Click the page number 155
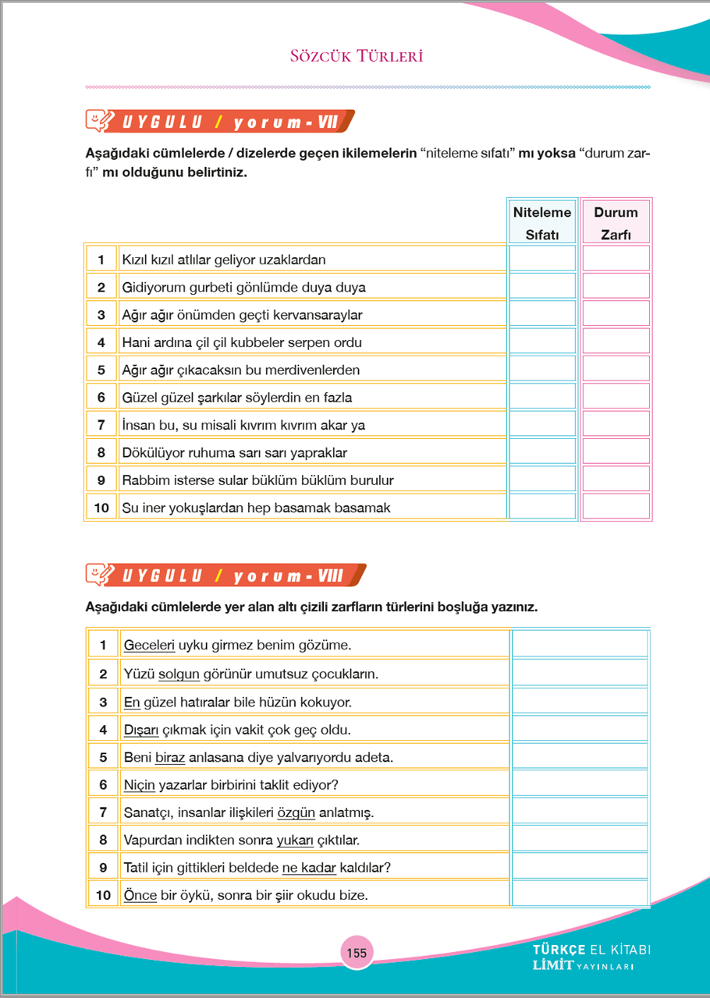pyautogui.click(x=356, y=953)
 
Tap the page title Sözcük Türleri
pyautogui.click(x=356, y=56)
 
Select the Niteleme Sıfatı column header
pyautogui.click(x=541, y=223)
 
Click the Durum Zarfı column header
pyautogui.click(x=616, y=223)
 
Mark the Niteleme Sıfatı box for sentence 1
pyautogui.click(x=541, y=259)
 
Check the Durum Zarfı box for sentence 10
pyautogui.click(x=616, y=508)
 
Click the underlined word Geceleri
pyautogui.click(x=149, y=646)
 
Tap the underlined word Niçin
pyautogui.click(x=140, y=784)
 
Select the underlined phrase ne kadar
pyautogui.click(x=309, y=867)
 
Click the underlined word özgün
pyautogui.click(x=296, y=812)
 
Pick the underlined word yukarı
pyautogui.click(x=295, y=840)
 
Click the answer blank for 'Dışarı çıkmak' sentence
pyautogui.click(x=580, y=730)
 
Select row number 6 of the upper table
pyautogui.click(x=101, y=398)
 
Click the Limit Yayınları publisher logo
pyautogui.click(x=591, y=958)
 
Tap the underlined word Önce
pyautogui.click(x=140, y=895)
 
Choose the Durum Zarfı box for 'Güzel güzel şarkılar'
pyautogui.click(x=616, y=398)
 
